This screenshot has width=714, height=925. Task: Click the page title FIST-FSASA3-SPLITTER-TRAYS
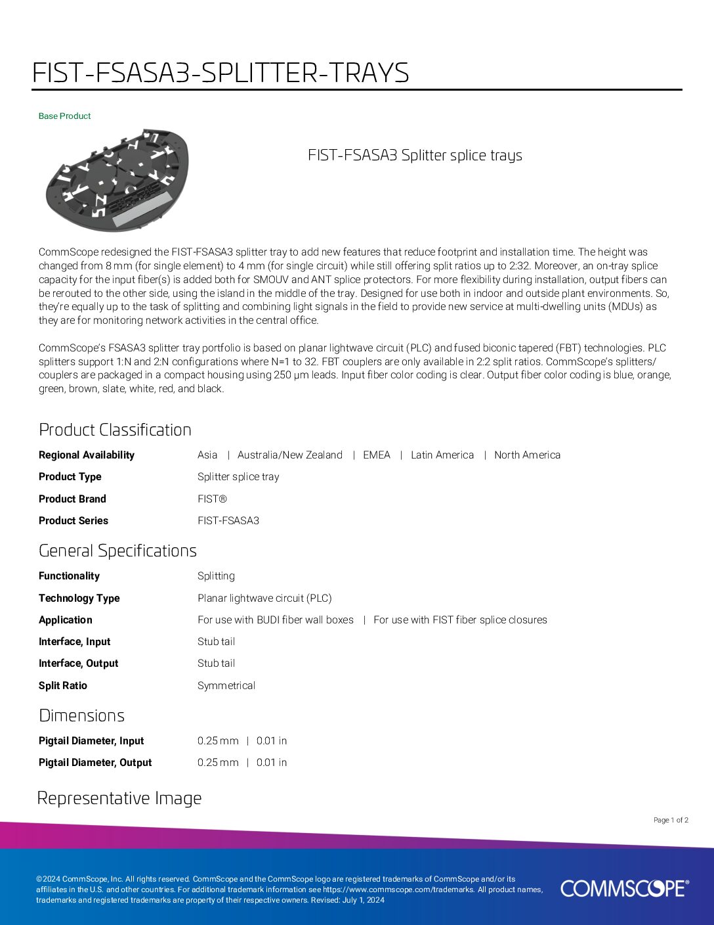tap(220, 73)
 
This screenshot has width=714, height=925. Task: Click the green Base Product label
tap(64, 116)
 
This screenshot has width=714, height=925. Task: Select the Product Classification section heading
tap(115, 430)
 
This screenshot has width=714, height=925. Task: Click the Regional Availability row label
tap(86, 455)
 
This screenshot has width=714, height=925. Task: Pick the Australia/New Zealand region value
tap(289, 455)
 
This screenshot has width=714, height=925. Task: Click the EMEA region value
tap(377, 455)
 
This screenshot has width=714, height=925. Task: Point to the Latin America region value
tap(442, 455)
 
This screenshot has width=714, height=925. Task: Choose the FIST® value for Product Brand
tap(212, 499)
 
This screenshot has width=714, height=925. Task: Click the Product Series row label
tap(73, 521)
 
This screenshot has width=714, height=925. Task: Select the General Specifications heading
tap(117, 551)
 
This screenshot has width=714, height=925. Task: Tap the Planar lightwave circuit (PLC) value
tap(264, 598)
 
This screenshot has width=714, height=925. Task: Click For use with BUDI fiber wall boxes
tap(276, 620)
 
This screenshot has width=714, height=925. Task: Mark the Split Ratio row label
tap(62, 686)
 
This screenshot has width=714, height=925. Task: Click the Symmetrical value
tap(226, 686)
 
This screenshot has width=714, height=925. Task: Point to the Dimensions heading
tap(81, 715)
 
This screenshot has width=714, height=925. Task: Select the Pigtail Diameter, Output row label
tap(95, 763)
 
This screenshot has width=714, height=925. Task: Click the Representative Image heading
tap(119, 798)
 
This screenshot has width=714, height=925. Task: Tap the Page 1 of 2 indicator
tap(671, 820)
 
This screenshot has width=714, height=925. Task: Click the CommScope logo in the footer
tap(624, 888)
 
